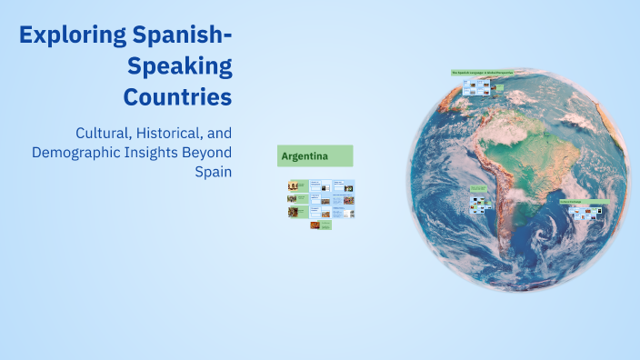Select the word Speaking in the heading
[180, 65]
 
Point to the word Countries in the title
[177, 95]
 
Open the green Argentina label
[315, 155]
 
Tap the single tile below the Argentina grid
[320, 225]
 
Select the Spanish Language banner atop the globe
[481, 73]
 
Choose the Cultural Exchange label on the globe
[583, 202]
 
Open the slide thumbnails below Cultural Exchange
[588, 215]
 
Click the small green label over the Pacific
[477, 188]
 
